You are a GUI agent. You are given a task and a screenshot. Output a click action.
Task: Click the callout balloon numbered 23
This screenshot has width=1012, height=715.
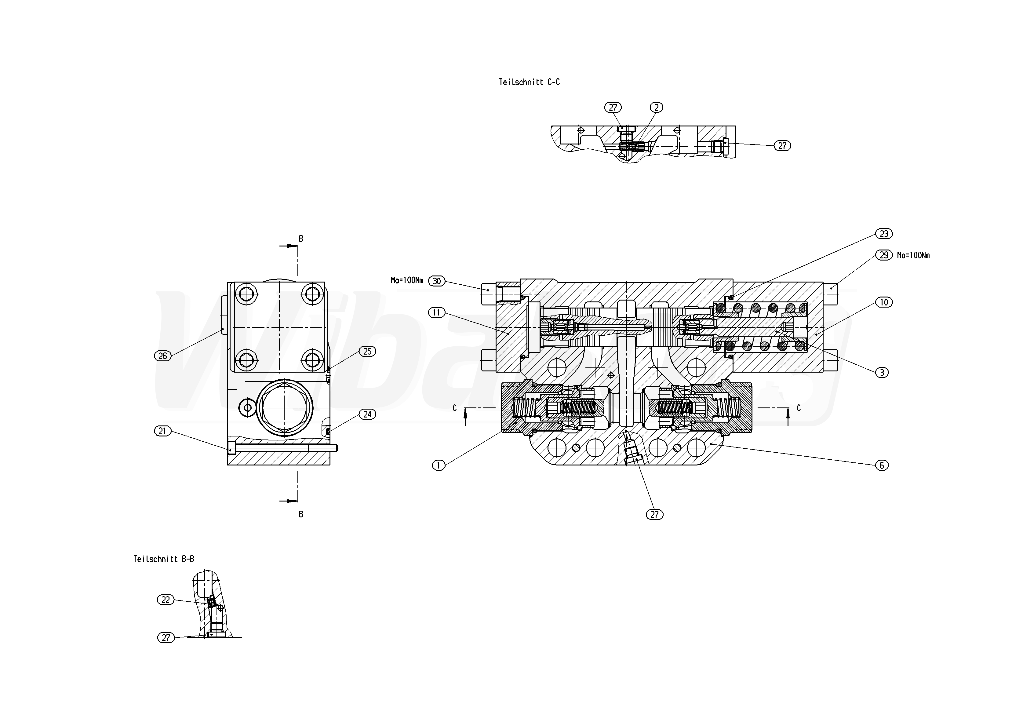click(884, 234)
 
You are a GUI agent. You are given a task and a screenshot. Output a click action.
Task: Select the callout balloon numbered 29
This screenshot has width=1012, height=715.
click(884, 255)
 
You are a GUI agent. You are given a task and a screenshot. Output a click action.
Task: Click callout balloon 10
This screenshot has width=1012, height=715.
click(884, 302)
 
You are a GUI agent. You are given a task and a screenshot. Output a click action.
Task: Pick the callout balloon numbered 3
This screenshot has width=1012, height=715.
click(882, 373)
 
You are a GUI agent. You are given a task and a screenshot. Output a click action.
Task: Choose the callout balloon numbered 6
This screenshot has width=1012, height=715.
click(882, 465)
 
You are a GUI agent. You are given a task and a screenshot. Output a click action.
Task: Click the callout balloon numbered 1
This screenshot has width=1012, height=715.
click(439, 465)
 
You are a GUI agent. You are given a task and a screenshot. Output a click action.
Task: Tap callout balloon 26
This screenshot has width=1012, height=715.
click(163, 356)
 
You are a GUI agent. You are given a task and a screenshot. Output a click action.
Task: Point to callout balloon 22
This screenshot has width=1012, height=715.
click(166, 600)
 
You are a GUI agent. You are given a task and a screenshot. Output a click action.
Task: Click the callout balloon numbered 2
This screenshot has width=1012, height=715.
click(656, 108)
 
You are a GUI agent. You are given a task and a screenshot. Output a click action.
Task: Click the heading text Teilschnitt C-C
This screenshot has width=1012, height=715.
click(529, 82)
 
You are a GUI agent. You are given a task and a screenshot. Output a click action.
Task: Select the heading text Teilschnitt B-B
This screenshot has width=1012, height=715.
click(163, 559)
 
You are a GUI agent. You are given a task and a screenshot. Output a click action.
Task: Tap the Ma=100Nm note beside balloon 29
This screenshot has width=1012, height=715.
click(913, 255)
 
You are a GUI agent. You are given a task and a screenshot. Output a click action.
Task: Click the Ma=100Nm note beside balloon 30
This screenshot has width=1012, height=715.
click(407, 280)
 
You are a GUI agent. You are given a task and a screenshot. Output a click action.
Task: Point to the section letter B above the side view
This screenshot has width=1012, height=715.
click(301, 239)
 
